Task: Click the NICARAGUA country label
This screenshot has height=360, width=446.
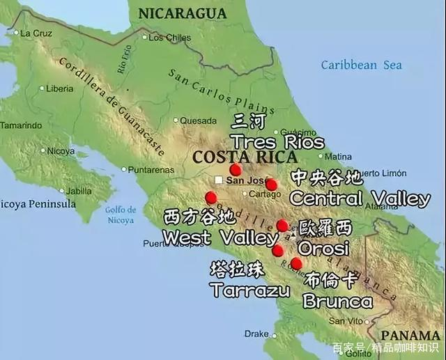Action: click(183, 13)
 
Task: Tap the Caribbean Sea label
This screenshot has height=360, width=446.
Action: click(361, 65)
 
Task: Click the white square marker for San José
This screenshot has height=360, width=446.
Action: click(219, 180)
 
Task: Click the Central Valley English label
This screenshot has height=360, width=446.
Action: click(360, 198)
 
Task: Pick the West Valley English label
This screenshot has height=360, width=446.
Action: click(220, 237)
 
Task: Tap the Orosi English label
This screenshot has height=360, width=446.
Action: click(323, 247)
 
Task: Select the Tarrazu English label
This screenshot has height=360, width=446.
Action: click(249, 290)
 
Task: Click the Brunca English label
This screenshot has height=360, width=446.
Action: click(337, 302)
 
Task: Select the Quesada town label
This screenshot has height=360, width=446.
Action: click(198, 120)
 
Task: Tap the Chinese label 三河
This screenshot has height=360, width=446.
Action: click(249, 122)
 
